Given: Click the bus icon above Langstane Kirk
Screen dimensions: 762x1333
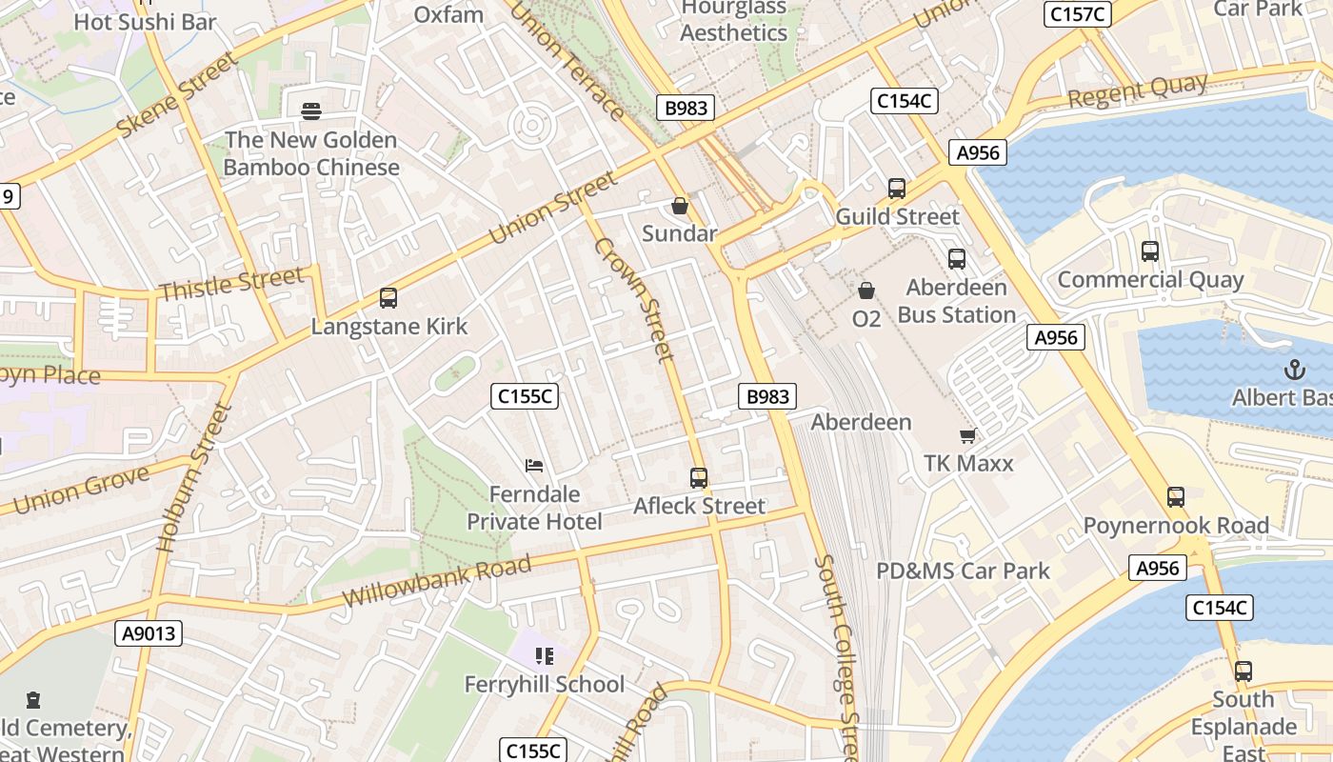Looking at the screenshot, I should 388,298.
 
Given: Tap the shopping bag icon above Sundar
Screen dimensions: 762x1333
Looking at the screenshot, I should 680,206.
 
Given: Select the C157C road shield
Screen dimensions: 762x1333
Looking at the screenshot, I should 1078,13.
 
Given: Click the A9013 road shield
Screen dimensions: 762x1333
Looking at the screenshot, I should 150,633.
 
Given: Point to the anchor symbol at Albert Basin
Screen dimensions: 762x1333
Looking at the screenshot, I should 1294,370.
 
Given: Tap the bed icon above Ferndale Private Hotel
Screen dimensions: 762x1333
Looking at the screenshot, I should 534,466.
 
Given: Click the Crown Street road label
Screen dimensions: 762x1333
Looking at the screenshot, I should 634,299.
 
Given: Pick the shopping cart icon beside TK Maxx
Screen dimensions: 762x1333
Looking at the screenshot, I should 968,435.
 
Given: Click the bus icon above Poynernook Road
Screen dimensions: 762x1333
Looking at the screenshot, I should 1176,497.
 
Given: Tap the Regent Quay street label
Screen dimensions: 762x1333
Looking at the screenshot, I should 1137,92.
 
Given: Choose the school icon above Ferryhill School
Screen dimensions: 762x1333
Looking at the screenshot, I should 545,655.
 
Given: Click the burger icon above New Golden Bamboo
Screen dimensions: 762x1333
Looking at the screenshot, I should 310,111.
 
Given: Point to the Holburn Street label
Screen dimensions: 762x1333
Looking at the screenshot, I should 194,479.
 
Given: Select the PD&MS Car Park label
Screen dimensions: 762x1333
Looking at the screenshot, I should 963,571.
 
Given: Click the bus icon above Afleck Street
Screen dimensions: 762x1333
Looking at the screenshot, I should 699,478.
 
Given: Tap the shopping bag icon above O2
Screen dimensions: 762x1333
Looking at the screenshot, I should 866,290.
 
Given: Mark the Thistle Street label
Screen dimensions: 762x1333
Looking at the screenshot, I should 231,284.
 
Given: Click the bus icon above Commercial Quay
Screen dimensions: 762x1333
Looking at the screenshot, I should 1150,251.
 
